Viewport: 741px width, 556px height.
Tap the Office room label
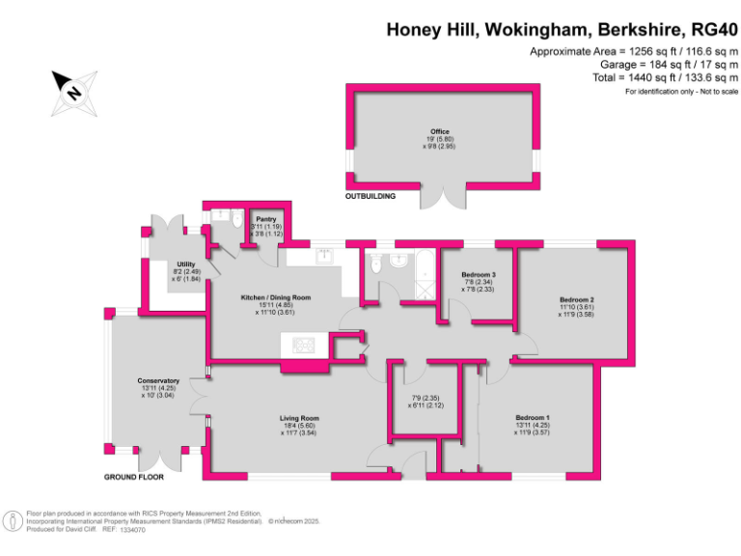(x=440, y=132)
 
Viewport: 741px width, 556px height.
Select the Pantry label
(x=266, y=220)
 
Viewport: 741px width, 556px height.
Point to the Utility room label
(x=186, y=264)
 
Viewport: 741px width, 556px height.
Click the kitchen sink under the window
(x=324, y=256)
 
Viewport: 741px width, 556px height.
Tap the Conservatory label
(x=157, y=381)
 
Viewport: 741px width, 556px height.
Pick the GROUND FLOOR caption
(x=134, y=477)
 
